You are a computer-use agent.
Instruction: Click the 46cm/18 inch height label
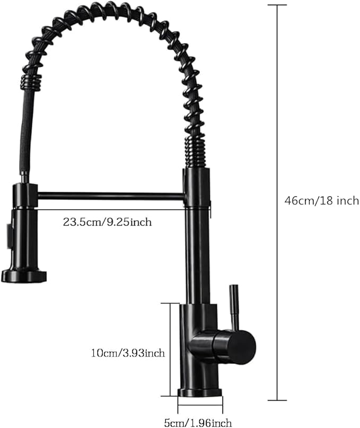[x=321, y=201]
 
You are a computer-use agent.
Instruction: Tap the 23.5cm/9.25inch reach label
[x=108, y=222]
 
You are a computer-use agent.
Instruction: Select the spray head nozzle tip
[x=24, y=275]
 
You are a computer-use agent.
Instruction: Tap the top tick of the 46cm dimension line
[x=277, y=5]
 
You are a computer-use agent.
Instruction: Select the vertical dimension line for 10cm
[x=170, y=350]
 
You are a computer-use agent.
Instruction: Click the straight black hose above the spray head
[x=23, y=132]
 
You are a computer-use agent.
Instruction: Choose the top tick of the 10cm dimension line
[x=170, y=303]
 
